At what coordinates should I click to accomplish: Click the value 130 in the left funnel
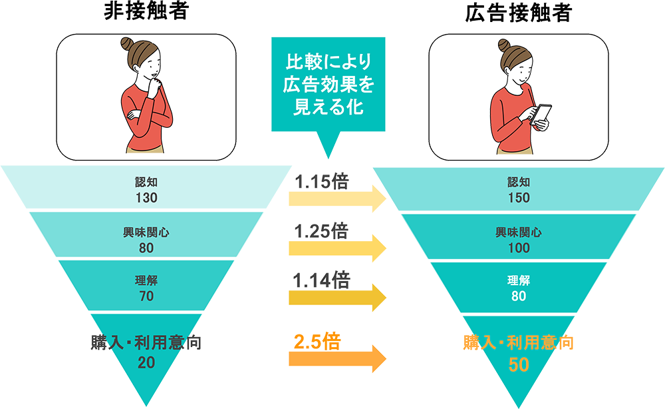(146, 197)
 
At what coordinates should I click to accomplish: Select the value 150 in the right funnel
(518, 197)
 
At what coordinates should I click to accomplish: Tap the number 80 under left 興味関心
(146, 248)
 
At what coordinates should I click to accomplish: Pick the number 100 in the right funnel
(518, 248)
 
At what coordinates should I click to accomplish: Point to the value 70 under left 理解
(146, 296)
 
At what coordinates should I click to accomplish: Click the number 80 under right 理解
(518, 296)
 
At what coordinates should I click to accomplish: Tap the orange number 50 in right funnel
(518, 364)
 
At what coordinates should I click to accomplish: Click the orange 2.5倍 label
(317, 343)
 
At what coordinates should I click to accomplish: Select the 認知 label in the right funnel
(518, 181)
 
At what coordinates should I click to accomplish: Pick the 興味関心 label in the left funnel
(146, 232)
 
